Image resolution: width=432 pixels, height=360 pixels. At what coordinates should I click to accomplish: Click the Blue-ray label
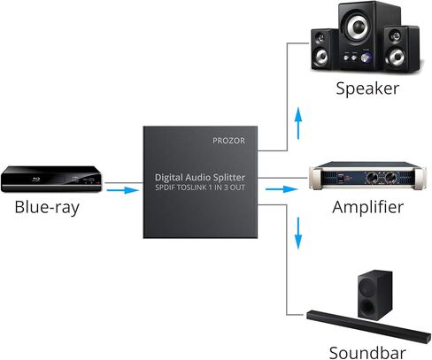[50, 209]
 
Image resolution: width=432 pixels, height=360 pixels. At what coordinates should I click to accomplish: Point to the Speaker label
[367, 88]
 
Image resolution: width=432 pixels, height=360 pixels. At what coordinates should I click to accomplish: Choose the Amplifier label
[367, 208]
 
